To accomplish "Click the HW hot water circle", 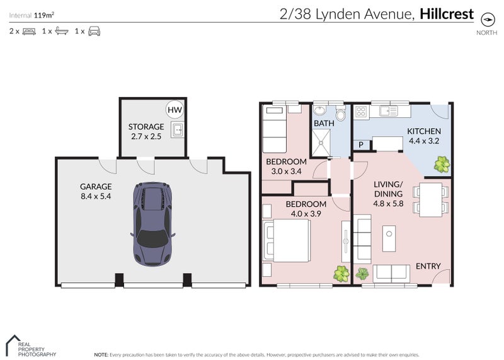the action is tap(175, 110).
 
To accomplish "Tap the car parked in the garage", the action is tap(152, 224).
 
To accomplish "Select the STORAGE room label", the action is tap(146, 127).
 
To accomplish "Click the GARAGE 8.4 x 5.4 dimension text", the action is tap(96, 196).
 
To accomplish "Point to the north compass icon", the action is tap(487, 20).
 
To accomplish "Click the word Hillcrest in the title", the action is tap(447, 14).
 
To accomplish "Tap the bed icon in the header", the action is tap(29, 32).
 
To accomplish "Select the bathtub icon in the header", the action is tap(62, 31).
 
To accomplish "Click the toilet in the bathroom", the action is tap(340, 113).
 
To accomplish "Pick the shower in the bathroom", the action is tap(321, 142).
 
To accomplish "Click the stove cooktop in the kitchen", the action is tap(361, 112).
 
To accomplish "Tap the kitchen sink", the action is tap(389, 112).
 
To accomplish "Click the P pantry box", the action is tap(361, 145).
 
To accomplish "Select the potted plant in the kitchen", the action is tap(442, 165).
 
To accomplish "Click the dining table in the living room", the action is tap(431, 199).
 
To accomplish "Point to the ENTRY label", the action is tap(428, 266).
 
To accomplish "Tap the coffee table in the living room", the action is tap(389, 238).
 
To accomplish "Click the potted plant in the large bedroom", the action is tap(341, 274).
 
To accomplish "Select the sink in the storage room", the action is tap(178, 130).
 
